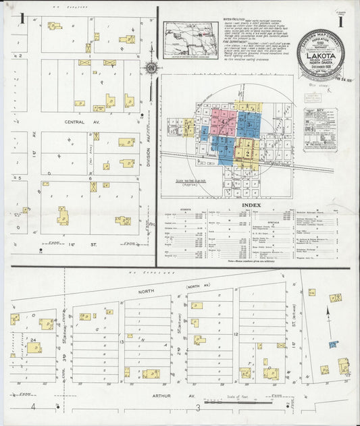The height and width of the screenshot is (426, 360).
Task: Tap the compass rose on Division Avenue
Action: [x=152, y=68]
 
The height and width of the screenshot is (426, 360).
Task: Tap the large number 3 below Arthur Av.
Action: [x=198, y=407]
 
